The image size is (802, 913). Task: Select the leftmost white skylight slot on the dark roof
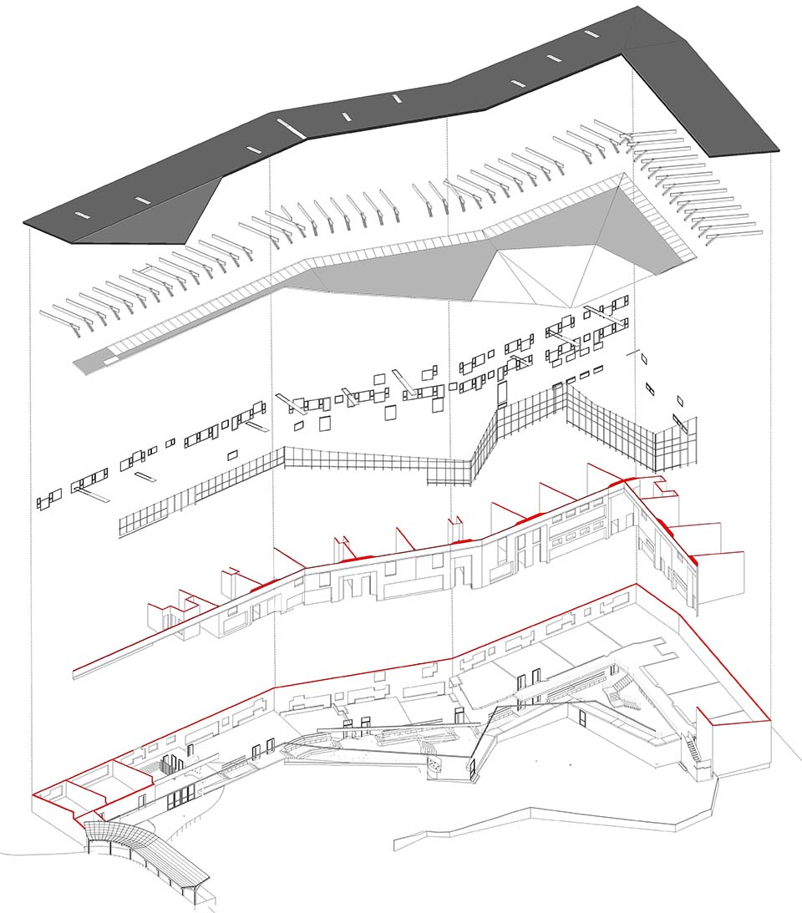[82, 215]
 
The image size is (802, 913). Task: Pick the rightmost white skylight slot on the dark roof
[591, 33]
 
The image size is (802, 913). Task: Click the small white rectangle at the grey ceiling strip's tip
[110, 362]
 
